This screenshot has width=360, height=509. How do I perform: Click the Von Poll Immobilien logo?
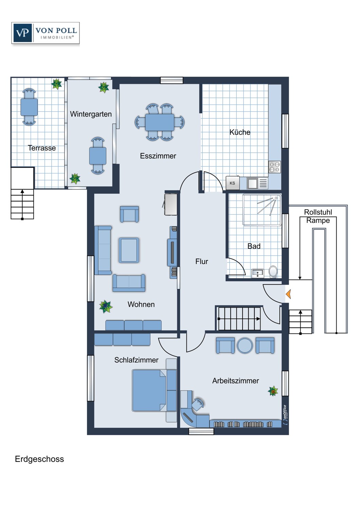pyautogui.click(x=46, y=33)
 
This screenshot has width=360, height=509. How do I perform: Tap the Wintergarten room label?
pyautogui.click(x=91, y=114)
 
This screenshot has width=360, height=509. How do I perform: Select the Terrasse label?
pyautogui.click(x=42, y=148)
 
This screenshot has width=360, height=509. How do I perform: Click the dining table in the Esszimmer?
pyautogui.click(x=160, y=122)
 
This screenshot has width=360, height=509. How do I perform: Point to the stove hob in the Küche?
pyautogui.click(x=274, y=167)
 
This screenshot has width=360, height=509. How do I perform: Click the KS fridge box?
pyautogui.click(x=232, y=183)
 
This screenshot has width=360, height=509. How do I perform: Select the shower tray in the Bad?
pyautogui.click(x=262, y=209)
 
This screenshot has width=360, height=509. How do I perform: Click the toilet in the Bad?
pyautogui.click(x=273, y=272)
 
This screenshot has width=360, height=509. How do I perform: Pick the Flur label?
pyautogui.click(x=202, y=261)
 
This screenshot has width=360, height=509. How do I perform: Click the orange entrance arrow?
pyautogui.click(x=288, y=294)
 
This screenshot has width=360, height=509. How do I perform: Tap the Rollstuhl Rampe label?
pyautogui.click(x=318, y=216)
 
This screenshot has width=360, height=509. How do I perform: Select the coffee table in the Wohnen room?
pyautogui.click(x=129, y=250)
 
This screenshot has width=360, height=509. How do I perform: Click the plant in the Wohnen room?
pyautogui.click(x=106, y=306)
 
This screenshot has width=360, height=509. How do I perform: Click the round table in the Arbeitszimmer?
pyautogui.click(x=245, y=345)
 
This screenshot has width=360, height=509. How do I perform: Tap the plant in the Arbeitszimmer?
pyautogui.click(x=273, y=391)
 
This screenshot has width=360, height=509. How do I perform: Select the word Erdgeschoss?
pyautogui.click(x=39, y=459)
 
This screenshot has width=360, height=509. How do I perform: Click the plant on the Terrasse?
pyautogui.click(x=56, y=84)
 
